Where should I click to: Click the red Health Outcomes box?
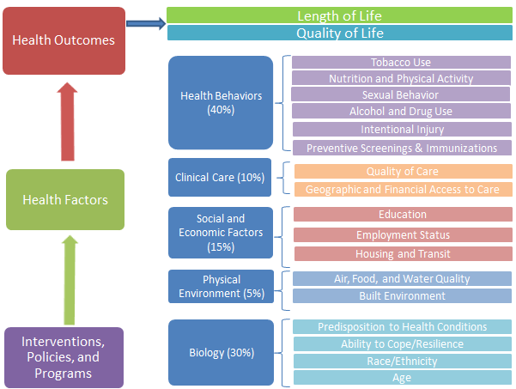[x=64, y=40]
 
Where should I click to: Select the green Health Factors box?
[x=65, y=199]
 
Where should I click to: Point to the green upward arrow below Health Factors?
[x=71, y=278]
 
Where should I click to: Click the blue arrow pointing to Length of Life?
[x=145, y=24]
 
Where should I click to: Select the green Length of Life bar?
[x=339, y=15]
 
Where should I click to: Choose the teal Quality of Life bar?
[x=339, y=33]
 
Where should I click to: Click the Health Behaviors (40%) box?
[x=221, y=102]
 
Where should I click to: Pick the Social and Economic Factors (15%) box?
[x=221, y=233]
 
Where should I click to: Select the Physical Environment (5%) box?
[x=221, y=286]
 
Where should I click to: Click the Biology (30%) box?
[x=221, y=352]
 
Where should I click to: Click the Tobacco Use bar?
[x=401, y=63]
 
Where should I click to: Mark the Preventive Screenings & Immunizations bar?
[x=401, y=148]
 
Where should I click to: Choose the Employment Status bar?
[x=403, y=234]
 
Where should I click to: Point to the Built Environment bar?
[x=402, y=296]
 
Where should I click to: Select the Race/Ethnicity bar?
[x=402, y=361]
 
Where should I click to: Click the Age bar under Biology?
[x=402, y=378]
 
